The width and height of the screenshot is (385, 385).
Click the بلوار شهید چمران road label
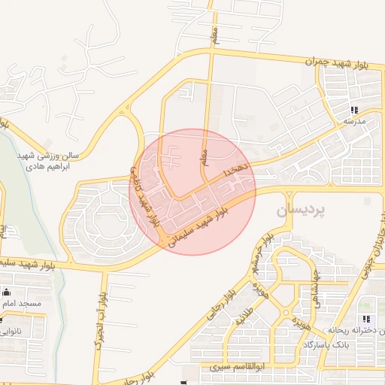click(339, 62)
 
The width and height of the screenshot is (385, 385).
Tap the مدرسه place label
click(353, 120)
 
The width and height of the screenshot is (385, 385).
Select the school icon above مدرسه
click(353, 109)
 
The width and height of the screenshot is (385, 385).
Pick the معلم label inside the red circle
click(204, 156)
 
